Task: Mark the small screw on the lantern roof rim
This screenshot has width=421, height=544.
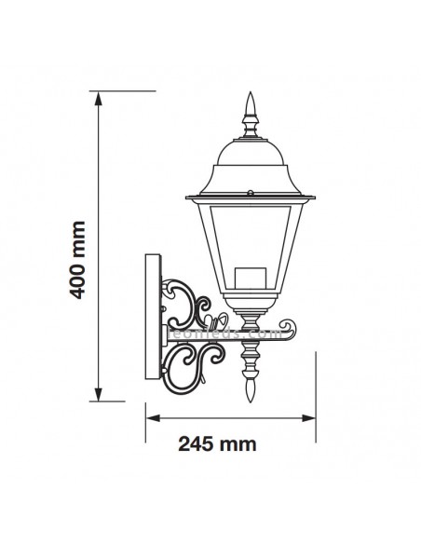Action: click(x=250, y=192)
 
